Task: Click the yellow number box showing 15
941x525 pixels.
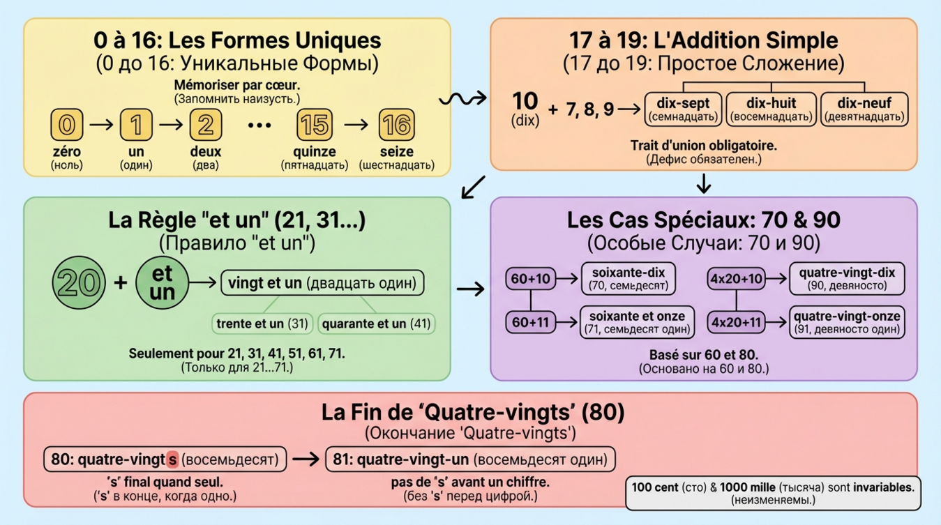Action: (x=314, y=125)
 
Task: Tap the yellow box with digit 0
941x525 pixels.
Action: (x=67, y=125)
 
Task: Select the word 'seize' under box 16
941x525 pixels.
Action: (x=396, y=151)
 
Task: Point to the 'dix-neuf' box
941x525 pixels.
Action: (x=864, y=109)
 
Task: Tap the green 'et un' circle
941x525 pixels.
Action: (x=162, y=283)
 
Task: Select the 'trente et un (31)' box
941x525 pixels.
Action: (x=261, y=324)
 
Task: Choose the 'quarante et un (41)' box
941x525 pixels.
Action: (x=377, y=324)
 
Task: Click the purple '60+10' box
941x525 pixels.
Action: (x=531, y=280)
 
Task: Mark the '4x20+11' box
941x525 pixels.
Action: (x=736, y=322)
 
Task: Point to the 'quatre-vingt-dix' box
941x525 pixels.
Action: (x=847, y=278)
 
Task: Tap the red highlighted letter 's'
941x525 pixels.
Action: (x=173, y=459)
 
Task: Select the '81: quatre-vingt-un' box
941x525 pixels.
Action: (x=470, y=459)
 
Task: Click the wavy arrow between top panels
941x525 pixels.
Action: (x=462, y=100)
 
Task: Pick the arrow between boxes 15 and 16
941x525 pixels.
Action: (x=355, y=125)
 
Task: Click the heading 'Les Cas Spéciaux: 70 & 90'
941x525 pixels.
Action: (x=704, y=220)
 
